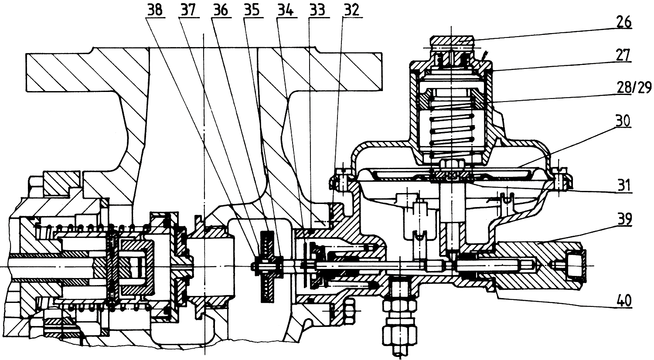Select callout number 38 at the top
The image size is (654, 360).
pyautogui.click(x=154, y=10)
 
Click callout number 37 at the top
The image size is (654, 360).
pyautogui.click(x=188, y=10)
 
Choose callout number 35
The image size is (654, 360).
pyautogui.click(x=252, y=10)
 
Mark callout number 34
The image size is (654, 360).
pyautogui.click(x=285, y=10)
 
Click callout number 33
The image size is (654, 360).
pyautogui.click(x=317, y=10)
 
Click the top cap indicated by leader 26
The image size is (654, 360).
pyautogui.click(x=452, y=42)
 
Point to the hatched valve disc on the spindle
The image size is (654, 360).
pyautogui.click(x=266, y=266)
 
